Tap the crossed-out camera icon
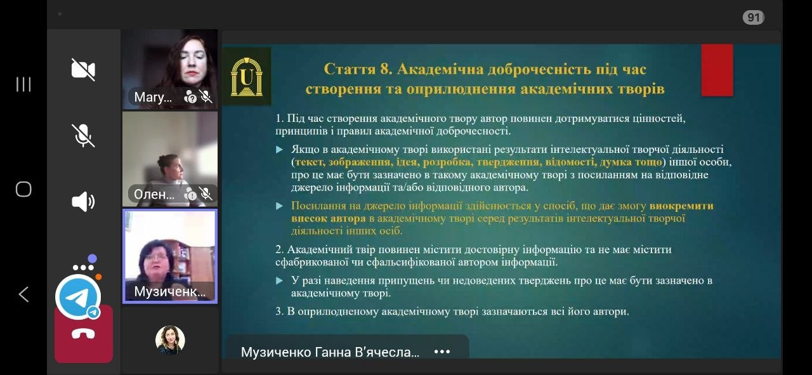83,69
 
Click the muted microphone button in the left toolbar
83,135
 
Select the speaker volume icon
83,202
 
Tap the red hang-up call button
84,334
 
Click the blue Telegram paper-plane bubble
78,297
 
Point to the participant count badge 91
753,17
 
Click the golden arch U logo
247,77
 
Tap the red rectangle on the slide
717,70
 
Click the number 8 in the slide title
385,69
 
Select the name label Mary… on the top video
153,97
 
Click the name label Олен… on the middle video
154,194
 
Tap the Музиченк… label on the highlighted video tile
169,292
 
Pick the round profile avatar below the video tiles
170,340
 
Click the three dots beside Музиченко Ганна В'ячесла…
442,352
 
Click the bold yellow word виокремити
681,206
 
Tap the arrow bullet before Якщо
280,149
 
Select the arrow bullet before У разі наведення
280,280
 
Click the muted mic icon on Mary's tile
206,96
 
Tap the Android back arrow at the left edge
23,294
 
